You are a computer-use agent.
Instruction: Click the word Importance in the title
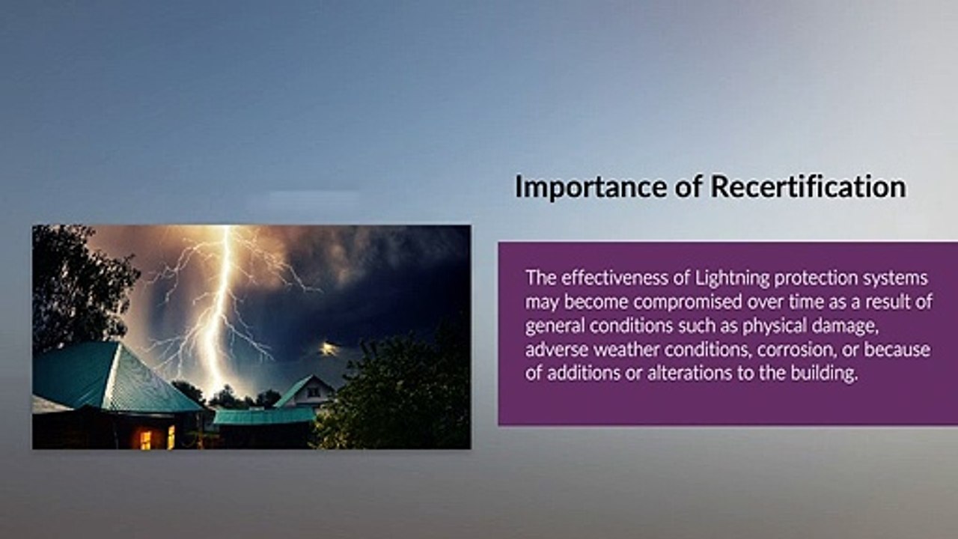tap(591, 187)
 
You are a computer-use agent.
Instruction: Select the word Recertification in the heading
tap(808, 186)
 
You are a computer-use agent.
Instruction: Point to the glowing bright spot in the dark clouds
tap(328, 348)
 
